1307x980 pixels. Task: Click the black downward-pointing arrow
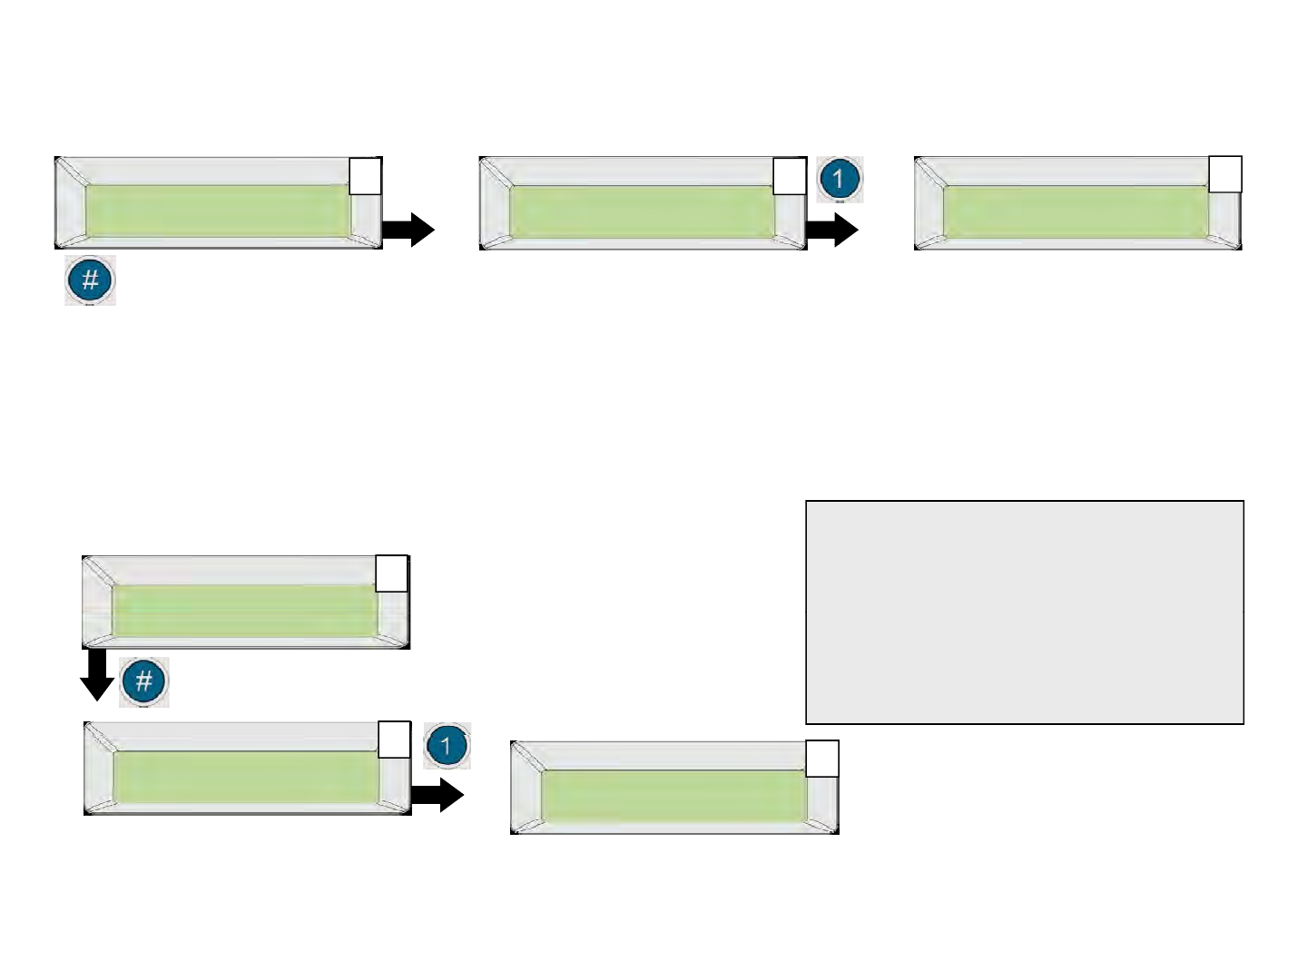pos(97,676)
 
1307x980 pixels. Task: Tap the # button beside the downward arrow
pos(144,682)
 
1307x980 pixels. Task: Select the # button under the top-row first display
pos(90,280)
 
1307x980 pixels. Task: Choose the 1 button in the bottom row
pos(447,747)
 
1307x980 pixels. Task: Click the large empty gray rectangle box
pos(1024,612)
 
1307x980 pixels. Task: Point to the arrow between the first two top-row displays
pos(408,230)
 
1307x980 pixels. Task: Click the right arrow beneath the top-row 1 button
pos(832,230)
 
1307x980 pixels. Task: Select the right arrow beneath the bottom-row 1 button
pos(438,796)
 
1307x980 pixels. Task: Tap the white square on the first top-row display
pos(365,176)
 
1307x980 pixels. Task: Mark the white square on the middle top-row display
pos(789,176)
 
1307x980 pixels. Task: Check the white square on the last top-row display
pos(1224,174)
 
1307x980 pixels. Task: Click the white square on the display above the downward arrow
pos(392,574)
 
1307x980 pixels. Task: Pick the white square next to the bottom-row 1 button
pos(394,740)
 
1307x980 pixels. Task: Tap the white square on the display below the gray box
pos(822,759)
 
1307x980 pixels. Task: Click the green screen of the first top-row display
pos(218,211)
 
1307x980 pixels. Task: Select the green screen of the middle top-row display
pos(642,211)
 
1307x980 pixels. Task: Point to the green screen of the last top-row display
pos(1076,211)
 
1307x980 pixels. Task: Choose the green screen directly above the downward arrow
pos(245,610)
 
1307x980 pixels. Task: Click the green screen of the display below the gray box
pos(673,796)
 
